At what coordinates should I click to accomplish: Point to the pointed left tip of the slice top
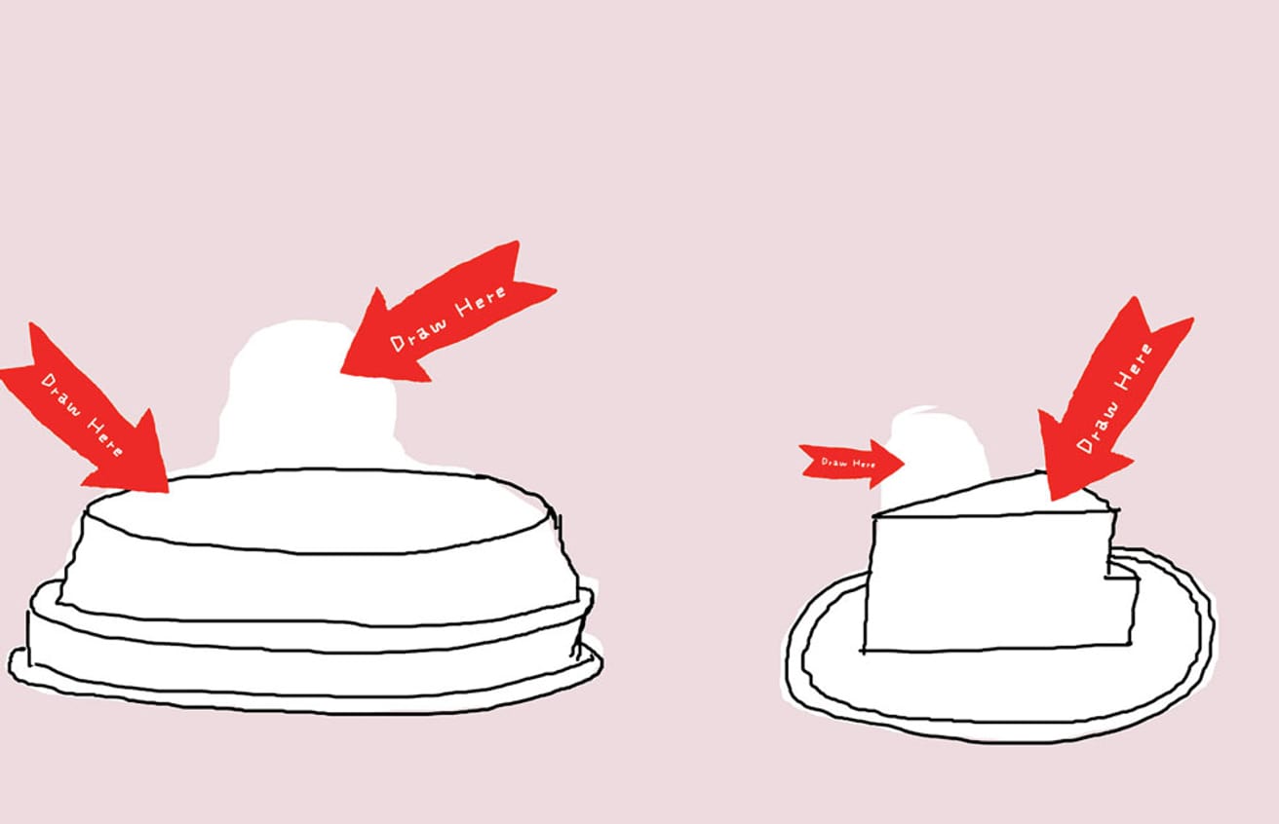[x=877, y=514]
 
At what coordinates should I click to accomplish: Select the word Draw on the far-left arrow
[x=60, y=388]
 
